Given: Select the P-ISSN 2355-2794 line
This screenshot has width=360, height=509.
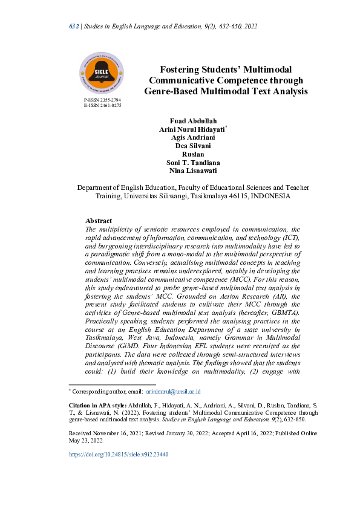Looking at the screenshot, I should [x=102, y=99].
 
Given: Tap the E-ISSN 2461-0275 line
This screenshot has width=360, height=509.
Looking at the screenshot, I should [x=102, y=105].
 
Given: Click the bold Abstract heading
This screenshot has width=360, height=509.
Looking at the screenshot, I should [x=99, y=221].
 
